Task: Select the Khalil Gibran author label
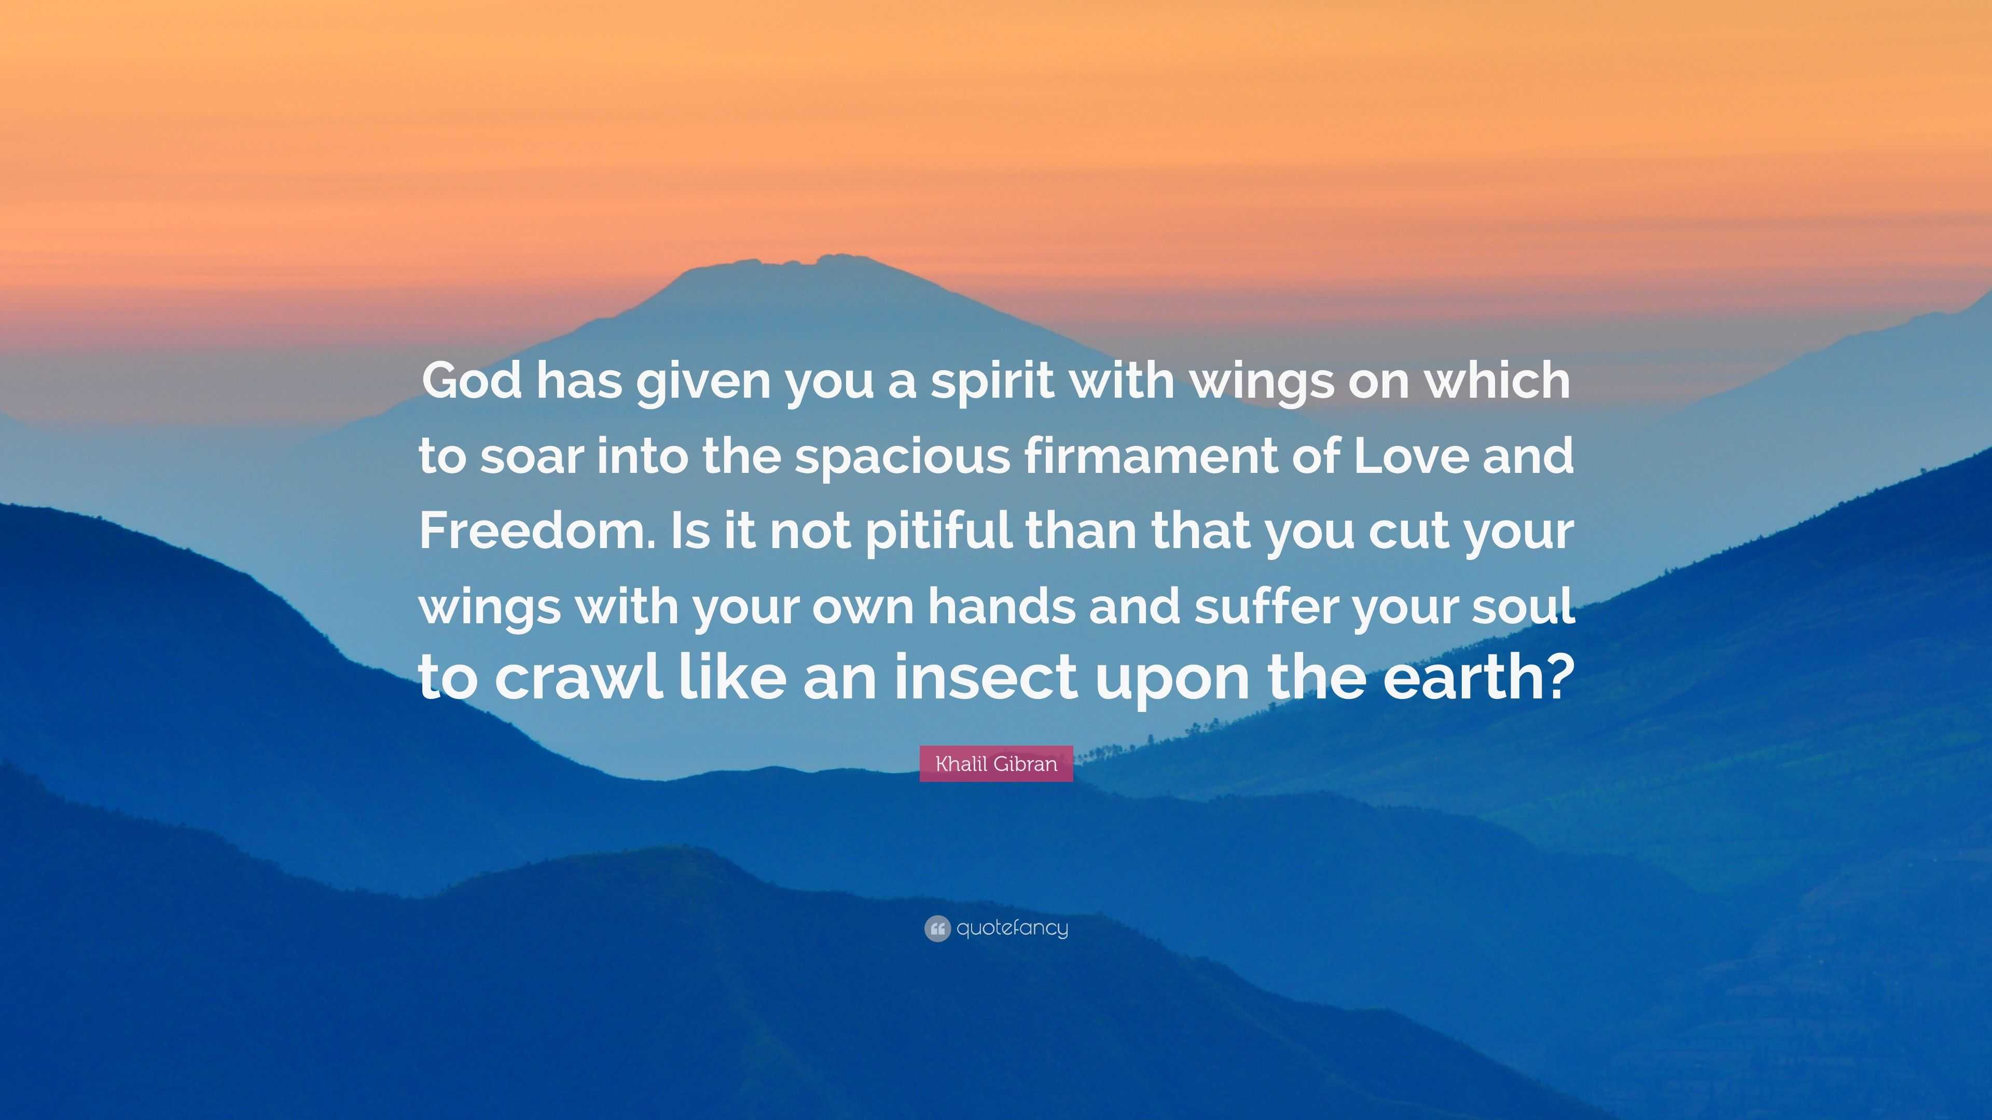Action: pyautogui.click(x=996, y=764)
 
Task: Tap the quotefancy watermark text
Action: pyautogui.click(x=1012, y=928)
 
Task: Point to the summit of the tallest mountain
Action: pyautogui.click(x=831, y=256)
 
